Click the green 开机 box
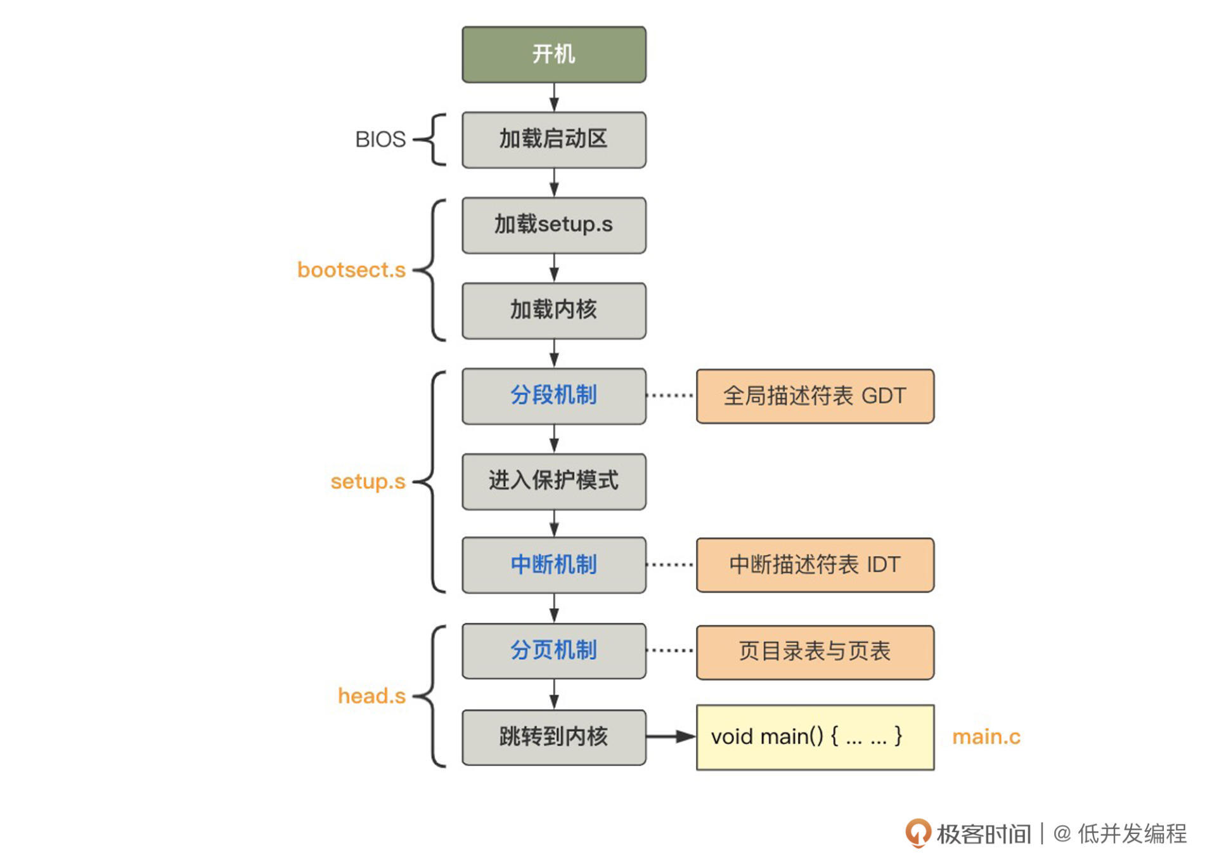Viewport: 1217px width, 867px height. (x=554, y=55)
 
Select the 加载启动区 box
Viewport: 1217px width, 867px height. (x=554, y=140)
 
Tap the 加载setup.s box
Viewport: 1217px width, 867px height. (x=554, y=225)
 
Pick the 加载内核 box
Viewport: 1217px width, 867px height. (x=554, y=311)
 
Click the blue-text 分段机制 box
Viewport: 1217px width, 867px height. (x=554, y=396)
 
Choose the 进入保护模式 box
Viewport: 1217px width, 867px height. (x=554, y=481)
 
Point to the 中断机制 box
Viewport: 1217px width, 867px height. (x=554, y=565)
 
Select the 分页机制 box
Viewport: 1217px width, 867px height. (x=554, y=651)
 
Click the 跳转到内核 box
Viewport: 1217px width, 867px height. (x=554, y=737)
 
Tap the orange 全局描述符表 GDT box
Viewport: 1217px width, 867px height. (x=815, y=396)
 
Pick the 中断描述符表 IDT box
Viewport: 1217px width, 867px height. (x=815, y=565)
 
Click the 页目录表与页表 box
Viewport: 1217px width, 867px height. (x=815, y=652)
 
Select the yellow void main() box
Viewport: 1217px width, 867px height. (x=815, y=737)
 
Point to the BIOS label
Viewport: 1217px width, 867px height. (x=380, y=140)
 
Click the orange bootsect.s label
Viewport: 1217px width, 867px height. (x=351, y=270)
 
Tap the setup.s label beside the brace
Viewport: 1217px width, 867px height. (x=368, y=482)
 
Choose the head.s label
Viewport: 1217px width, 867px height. (x=371, y=696)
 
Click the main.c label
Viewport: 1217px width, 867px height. (x=986, y=737)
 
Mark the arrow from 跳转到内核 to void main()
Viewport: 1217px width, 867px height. (x=671, y=736)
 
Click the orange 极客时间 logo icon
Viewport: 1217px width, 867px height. (x=918, y=832)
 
